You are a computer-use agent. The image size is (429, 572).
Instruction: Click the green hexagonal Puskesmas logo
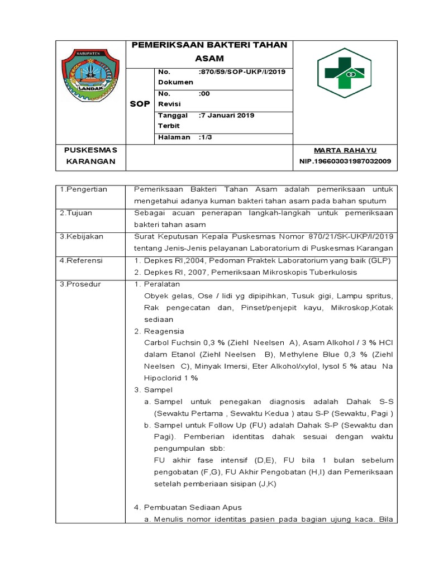[x=341, y=73]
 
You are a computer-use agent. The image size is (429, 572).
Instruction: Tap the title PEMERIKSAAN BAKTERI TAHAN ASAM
[x=209, y=51]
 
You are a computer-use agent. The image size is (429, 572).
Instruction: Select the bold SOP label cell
[x=140, y=104]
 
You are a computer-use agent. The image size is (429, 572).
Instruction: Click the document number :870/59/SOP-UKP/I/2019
[x=242, y=72]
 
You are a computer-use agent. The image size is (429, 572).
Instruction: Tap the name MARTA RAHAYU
[x=345, y=151]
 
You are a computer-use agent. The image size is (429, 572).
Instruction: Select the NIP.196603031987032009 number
[x=345, y=161]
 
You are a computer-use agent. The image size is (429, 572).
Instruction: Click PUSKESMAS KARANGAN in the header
[x=90, y=156]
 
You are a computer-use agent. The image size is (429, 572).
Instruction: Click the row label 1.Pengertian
[x=83, y=189]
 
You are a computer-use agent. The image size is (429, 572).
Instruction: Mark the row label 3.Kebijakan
[x=82, y=236]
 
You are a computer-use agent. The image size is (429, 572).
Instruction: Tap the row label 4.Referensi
[x=81, y=260]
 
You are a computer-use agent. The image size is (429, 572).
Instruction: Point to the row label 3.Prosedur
[x=80, y=284]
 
